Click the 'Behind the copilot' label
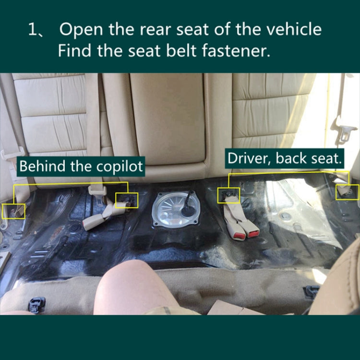click(81, 167)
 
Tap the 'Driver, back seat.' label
click(285, 159)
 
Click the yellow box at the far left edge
click(14, 211)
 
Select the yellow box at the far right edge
click(347, 192)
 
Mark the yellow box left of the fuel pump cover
click(127, 200)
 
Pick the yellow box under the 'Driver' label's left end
click(228, 195)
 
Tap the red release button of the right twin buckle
click(252, 233)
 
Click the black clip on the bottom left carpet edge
click(36, 303)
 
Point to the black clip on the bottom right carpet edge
click(312, 291)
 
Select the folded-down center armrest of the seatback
click(168, 118)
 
